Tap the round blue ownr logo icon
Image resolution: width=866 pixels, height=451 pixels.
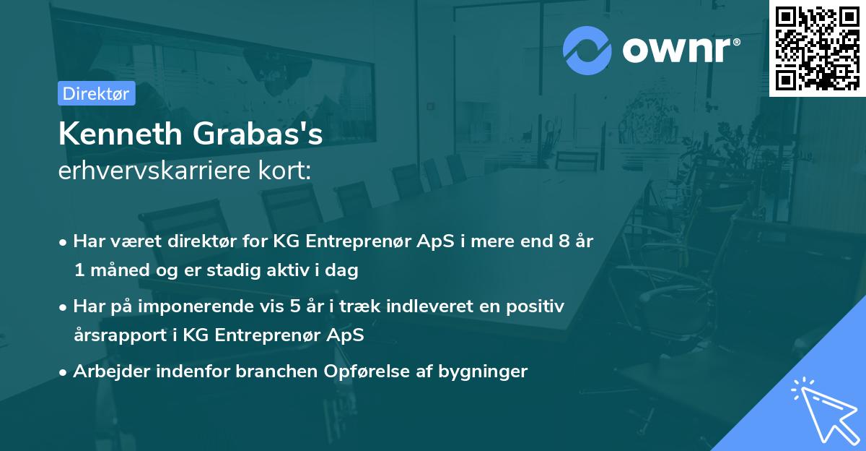(587, 51)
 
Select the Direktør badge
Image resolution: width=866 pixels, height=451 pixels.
(96, 93)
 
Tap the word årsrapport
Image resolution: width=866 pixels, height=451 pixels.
(115, 336)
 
